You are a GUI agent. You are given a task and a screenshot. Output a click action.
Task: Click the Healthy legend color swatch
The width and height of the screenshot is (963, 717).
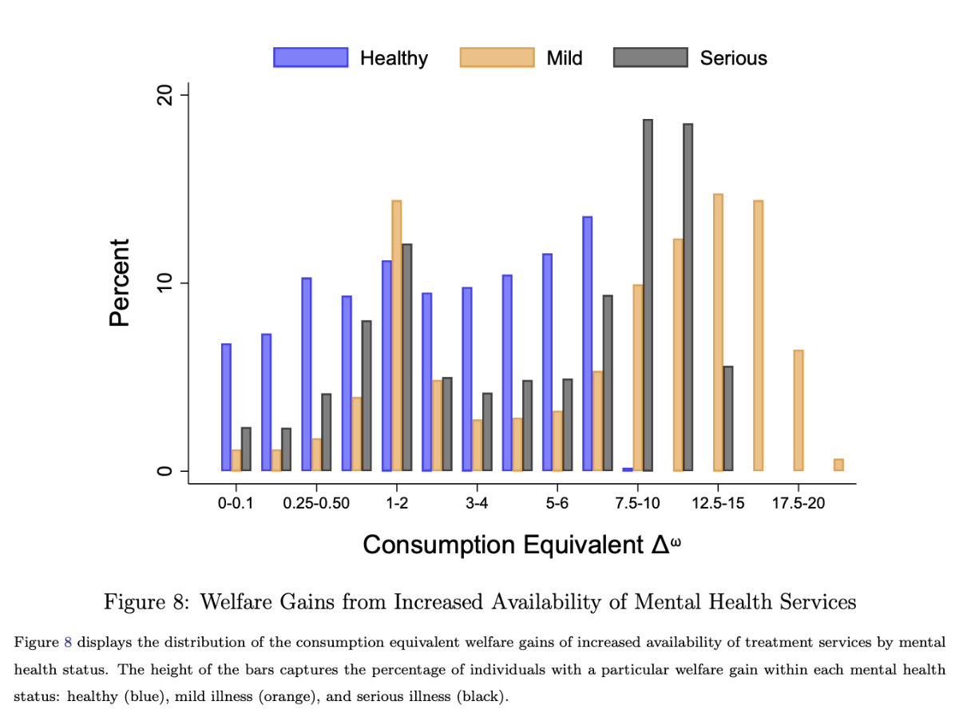[x=311, y=57]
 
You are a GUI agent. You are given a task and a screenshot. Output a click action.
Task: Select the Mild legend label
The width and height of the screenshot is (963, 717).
[x=565, y=58]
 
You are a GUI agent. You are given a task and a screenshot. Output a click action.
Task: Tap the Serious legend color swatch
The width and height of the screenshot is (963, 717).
[x=650, y=57]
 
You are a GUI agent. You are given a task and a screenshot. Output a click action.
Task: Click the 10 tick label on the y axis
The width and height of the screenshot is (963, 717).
[x=165, y=283]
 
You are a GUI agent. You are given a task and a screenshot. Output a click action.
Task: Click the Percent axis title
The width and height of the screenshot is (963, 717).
[x=119, y=283]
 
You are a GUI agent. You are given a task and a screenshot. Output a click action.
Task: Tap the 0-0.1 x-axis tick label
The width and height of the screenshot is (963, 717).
[x=236, y=505]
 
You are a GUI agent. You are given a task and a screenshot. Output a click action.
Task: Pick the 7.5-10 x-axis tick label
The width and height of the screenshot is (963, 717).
[x=636, y=505]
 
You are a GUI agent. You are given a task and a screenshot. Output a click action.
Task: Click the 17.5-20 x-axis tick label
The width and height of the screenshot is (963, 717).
[x=798, y=505]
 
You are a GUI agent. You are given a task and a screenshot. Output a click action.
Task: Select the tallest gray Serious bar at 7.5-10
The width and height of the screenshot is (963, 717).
[x=648, y=295]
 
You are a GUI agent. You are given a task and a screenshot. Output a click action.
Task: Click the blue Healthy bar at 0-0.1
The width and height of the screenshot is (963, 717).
[x=226, y=407]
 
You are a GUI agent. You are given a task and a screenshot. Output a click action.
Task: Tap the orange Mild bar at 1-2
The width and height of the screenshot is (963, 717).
[x=396, y=335]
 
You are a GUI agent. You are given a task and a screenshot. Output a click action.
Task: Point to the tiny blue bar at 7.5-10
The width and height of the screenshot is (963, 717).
[x=628, y=469]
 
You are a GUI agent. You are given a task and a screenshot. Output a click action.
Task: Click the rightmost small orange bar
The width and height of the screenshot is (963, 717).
[x=838, y=465]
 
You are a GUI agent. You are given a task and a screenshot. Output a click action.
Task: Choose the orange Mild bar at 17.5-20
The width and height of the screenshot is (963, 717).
[x=798, y=410]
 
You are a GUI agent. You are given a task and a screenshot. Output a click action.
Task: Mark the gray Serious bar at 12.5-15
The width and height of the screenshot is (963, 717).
[x=727, y=418]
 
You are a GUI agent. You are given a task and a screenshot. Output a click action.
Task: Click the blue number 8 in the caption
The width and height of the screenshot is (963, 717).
[x=67, y=642]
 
